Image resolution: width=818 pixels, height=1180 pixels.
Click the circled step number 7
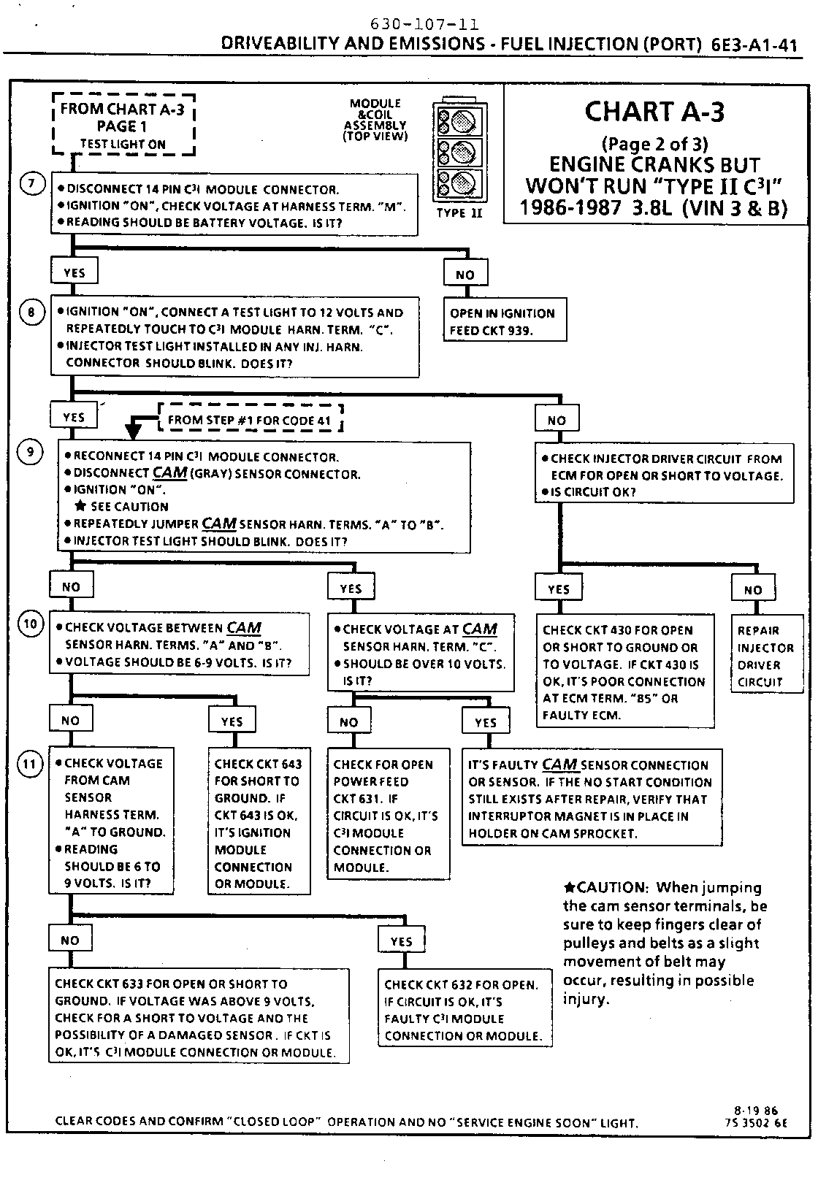click(31, 184)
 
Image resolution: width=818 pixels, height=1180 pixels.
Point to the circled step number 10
click(31, 624)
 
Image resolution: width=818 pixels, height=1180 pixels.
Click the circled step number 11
click(31, 765)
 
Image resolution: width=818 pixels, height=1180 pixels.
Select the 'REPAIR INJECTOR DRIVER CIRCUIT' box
click(766, 656)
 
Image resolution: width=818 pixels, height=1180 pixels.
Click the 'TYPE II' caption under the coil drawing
click(459, 213)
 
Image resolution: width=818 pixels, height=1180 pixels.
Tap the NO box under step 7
click(465, 275)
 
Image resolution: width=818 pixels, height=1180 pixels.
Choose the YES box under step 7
click(74, 272)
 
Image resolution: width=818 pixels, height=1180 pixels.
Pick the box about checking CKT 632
click(464, 1010)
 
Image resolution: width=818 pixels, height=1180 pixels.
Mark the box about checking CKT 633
click(199, 1017)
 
